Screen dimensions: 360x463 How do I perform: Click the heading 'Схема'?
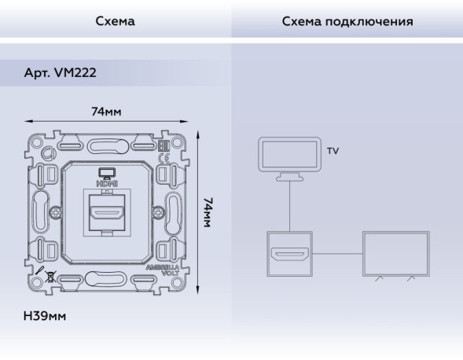pyautogui.click(x=115, y=21)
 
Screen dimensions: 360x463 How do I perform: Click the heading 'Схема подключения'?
pyautogui.click(x=347, y=21)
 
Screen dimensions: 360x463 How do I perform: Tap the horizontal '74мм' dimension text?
pyautogui.click(x=106, y=112)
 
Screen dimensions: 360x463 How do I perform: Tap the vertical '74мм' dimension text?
pyautogui.click(x=208, y=212)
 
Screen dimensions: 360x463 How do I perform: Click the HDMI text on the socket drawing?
pyautogui.click(x=106, y=182)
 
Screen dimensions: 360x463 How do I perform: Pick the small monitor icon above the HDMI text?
pyautogui.click(x=106, y=172)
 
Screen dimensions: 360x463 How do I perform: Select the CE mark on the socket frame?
pyautogui.click(x=165, y=157)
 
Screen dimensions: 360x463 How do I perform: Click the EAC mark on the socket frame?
pyautogui.click(x=165, y=145)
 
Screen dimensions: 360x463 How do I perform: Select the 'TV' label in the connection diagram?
pyautogui.click(x=333, y=151)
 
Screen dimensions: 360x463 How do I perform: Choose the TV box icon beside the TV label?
pyautogui.click(x=289, y=156)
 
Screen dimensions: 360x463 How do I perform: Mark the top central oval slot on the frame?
pyautogui.click(x=106, y=145)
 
